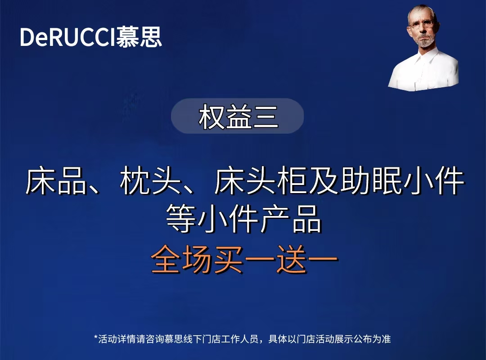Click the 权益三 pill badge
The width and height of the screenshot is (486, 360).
[x=238, y=116]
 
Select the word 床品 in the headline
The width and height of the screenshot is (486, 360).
[x=56, y=181]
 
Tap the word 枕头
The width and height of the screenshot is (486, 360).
[x=151, y=181]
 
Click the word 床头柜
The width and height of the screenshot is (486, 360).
[x=261, y=181]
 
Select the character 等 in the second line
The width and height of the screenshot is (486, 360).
[x=181, y=218]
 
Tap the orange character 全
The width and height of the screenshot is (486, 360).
[x=166, y=259]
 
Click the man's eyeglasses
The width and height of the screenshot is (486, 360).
[x=421, y=24]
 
